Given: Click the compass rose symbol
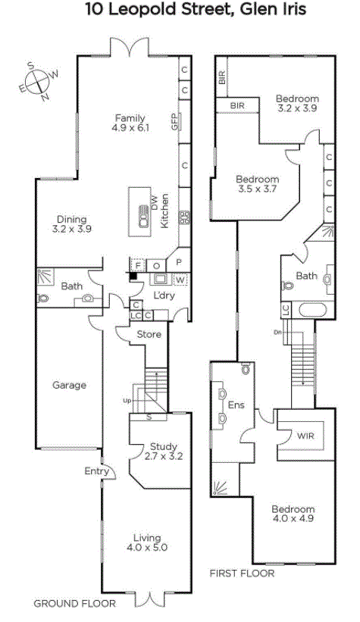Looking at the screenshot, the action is click(x=39, y=81).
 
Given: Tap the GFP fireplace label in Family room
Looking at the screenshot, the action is click(x=174, y=121).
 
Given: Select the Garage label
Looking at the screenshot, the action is click(x=70, y=385).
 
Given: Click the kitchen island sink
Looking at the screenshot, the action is click(x=144, y=216).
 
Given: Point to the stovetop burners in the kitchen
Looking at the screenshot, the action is click(x=185, y=217).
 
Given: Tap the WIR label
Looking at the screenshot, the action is click(x=305, y=436).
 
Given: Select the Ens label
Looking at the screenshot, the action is click(x=236, y=405).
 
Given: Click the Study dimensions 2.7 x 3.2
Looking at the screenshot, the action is click(x=164, y=456).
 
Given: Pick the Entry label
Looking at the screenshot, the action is click(x=97, y=471).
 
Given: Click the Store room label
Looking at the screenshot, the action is click(x=149, y=334).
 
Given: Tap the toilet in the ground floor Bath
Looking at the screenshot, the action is click(x=42, y=298).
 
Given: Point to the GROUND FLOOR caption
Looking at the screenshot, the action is click(x=74, y=604).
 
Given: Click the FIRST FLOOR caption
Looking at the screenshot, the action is click(x=242, y=574).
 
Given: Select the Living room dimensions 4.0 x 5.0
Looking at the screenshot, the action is click(x=147, y=548).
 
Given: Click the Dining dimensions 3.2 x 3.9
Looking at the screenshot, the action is click(x=72, y=229).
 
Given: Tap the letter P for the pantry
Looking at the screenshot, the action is click(x=179, y=262).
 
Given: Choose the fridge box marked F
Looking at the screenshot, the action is click(x=138, y=265).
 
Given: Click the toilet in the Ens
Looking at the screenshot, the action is click(x=246, y=369).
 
